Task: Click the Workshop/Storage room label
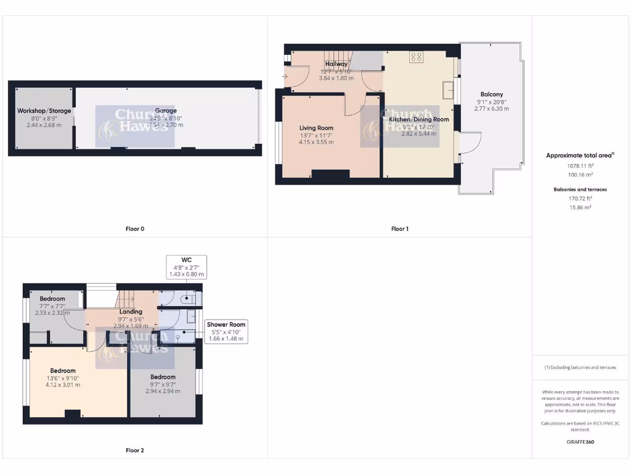pyautogui.click(x=44, y=111)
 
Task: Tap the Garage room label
pyautogui.click(x=166, y=111)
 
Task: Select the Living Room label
pyautogui.click(x=316, y=128)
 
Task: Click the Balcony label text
pyautogui.click(x=492, y=94)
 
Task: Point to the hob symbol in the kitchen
pyautogui.click(x=417, y=57)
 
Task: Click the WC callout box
pyautogui.click(x=187, y=266)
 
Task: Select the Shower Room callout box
pyautogui.click(x=226, y=331)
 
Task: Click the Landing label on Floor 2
pyautogui.click(x=131, y=312)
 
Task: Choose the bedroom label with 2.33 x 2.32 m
pyautogui.click(x=52, y=299)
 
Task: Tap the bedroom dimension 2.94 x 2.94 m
pyautogui.click(x=163, y=391)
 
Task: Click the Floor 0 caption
pyautogui.click(x=134, y=229)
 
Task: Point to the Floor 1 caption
pyautogui.click(x=399, y=229)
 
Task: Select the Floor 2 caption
pyautogui.click(x=134, y=451)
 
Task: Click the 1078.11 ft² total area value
pyautogui.click(x=580, y=165)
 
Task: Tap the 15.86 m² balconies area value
pyautogui.click(x=580, y=207)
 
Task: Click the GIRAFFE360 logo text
pyautogui.click(x=580, y=442)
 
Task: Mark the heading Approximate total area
pyautogui.click(x=578, y=156)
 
